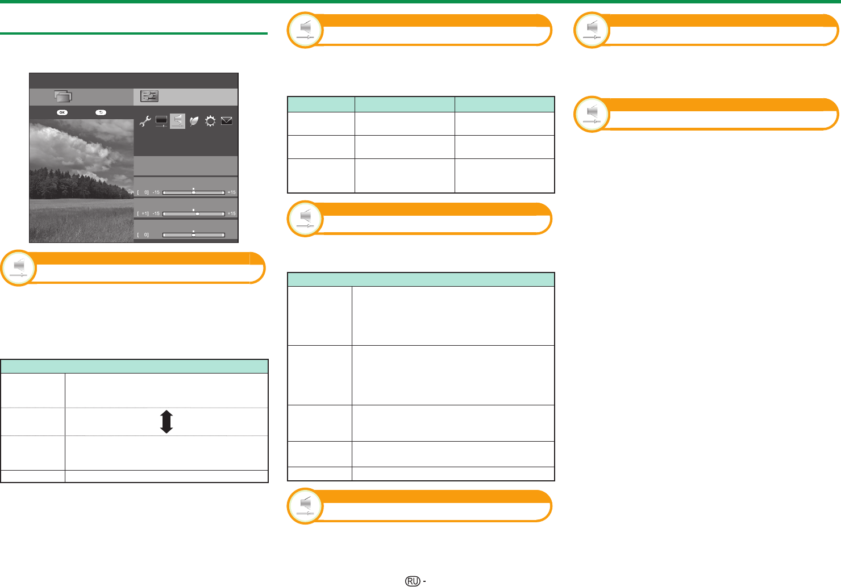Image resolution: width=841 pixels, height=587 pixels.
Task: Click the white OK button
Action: point(63,112)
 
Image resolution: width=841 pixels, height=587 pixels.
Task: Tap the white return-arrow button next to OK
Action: point(101,112)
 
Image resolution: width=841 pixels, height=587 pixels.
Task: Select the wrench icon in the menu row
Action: point(145,121)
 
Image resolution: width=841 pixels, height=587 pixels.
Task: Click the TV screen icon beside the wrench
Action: point(161,121)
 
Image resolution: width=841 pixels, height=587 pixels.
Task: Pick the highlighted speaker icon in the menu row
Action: point(178,121)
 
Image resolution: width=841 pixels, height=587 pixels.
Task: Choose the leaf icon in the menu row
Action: point(194,121)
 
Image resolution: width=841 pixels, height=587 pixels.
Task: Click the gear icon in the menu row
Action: point(210,121)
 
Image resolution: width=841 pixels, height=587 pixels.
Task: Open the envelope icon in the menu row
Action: point(226,121)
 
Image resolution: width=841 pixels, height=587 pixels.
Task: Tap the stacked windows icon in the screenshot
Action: point(63,97)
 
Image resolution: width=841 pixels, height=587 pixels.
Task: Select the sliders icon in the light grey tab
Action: point(149,97)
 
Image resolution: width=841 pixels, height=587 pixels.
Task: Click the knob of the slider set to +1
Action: point(198,214)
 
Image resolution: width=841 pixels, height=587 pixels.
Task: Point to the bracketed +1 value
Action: point(143,213)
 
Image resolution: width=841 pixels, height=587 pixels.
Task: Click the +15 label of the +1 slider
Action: point(232,213)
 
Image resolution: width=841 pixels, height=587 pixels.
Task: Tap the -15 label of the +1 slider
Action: point(156,213)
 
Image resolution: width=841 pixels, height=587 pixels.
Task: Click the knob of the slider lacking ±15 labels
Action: point(194,235)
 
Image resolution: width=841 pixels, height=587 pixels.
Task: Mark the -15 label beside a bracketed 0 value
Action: point(156,192)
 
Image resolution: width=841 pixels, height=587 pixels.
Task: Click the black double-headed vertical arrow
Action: point(166,422)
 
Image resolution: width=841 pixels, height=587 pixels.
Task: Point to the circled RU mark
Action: point(413,581)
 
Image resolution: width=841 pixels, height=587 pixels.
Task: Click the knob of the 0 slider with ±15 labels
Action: point(194,192)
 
